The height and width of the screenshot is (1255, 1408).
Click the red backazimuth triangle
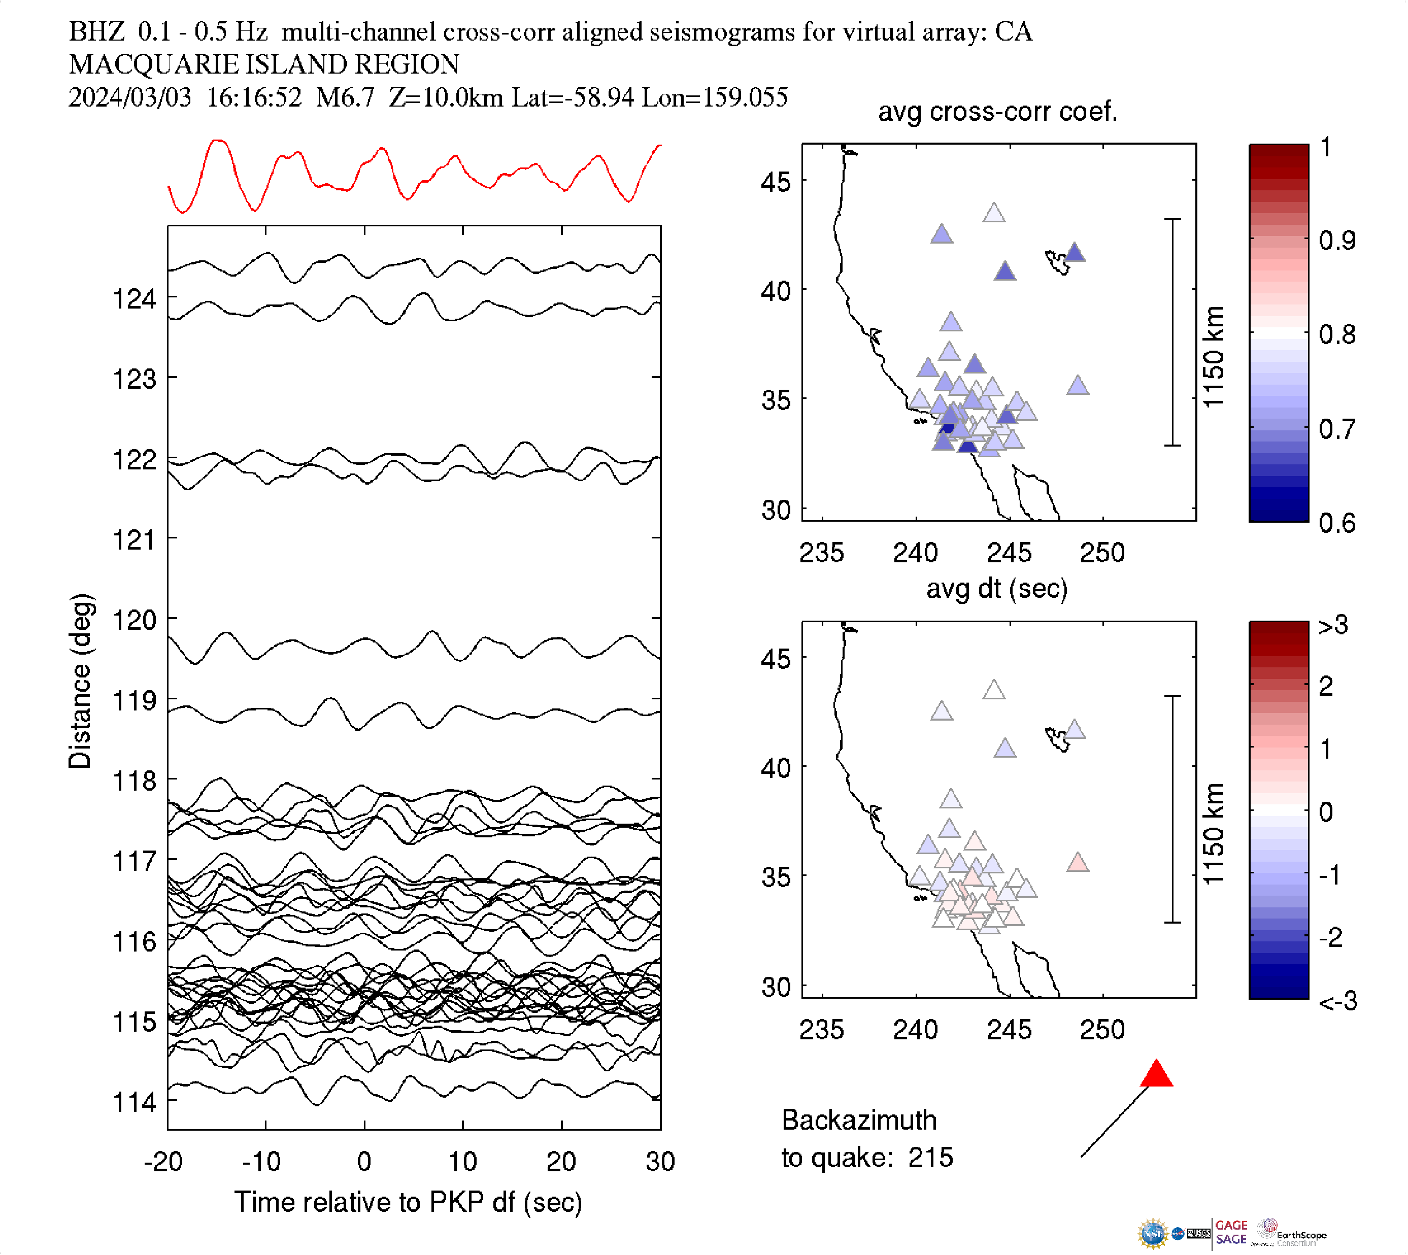coord(1156,1075)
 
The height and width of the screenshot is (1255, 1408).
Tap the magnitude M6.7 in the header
coord(345,97)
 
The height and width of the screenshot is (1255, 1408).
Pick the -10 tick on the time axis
coord(261,1161)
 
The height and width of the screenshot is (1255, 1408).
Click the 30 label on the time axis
coord(660,1161)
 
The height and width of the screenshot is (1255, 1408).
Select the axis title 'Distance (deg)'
coord(80,681)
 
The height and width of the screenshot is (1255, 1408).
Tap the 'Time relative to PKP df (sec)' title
coord(408,1202)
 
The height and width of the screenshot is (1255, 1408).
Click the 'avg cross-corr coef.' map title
coord(997,111)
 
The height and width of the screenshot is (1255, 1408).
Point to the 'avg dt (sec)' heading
coord(996,588)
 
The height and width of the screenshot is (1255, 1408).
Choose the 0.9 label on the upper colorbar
coord(1336,241)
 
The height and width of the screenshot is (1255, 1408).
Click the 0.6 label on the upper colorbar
coord(1336,523)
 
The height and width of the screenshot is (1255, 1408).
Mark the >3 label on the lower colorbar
coord(1333,625)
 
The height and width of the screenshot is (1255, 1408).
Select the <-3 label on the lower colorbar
coord(1337,1001)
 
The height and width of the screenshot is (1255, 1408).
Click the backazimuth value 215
coord(930,1158)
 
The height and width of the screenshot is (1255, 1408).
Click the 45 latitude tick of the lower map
coord(776,659)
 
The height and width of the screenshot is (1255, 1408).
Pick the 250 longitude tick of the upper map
coord(1102,552)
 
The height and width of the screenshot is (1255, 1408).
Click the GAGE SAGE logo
coord(1231,1232)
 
